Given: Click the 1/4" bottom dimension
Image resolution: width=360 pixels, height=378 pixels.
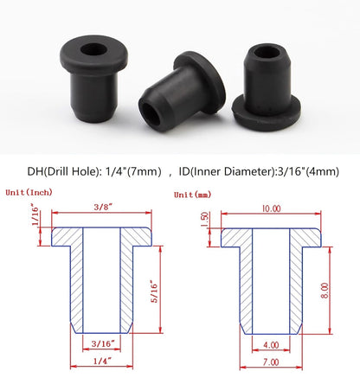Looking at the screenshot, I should click(x=102, y=363).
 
